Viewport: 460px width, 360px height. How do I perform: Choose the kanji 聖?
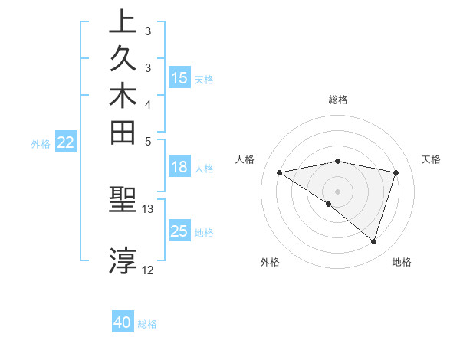(x=123, y=201)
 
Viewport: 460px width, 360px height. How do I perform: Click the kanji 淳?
(x=123, y=261)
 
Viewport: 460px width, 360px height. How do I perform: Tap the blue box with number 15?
(x=179, y=78)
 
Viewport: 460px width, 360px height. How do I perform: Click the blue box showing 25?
(x=179, y=232)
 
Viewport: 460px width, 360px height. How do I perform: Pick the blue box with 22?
(x=67, y=142)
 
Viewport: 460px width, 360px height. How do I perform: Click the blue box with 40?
(x=123, y=323)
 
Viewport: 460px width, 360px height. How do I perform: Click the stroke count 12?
(x=148, y=270)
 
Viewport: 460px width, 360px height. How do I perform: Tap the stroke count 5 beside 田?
(x=148, y=142)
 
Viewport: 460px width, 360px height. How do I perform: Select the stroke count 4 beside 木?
(x=148, y=104)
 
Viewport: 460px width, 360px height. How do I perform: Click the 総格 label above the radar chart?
(x=337, y=100)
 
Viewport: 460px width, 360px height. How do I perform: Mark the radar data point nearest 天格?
(x=396, y=172)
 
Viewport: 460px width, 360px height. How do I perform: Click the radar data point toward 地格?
(x=373, y=241)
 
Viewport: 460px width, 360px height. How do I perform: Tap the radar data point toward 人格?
(x=280, y=172)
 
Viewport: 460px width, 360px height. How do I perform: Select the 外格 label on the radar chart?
(x=270, y=263)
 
